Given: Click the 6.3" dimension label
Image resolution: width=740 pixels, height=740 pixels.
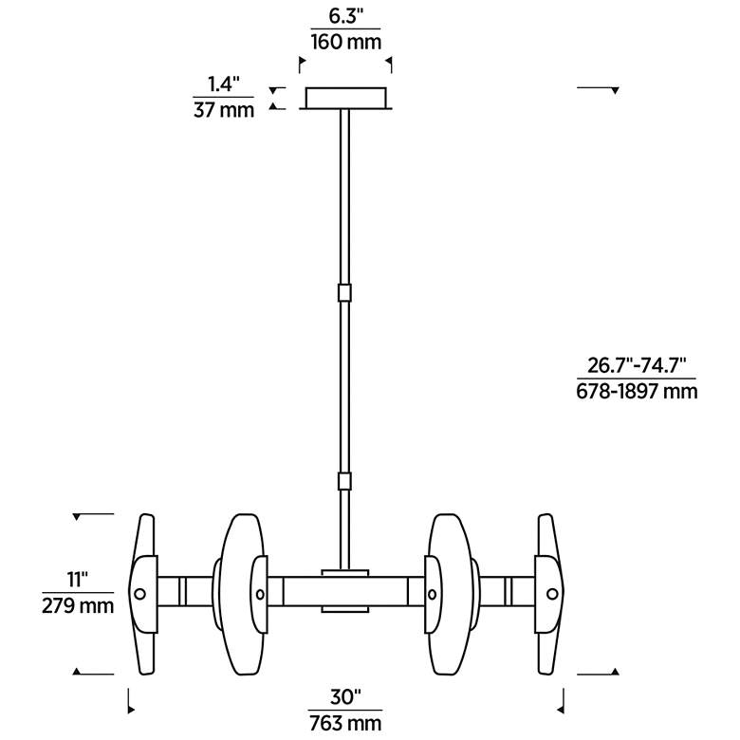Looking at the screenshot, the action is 346,16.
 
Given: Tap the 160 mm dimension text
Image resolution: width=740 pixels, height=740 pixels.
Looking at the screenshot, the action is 346,42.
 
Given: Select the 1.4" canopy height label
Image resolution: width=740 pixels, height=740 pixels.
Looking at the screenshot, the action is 224,85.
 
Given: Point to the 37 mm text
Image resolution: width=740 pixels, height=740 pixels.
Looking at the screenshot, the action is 224,110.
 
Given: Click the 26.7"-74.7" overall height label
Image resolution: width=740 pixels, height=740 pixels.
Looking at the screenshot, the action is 637,365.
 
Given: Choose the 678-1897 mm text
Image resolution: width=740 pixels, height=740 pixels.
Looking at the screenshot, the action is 637,391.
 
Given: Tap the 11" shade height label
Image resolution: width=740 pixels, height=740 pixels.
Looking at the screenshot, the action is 78,580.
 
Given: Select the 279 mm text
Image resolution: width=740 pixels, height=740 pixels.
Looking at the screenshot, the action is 78,605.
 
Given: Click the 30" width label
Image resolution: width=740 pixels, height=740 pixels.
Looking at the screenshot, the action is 345,697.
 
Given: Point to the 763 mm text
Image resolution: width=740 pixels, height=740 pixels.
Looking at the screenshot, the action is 345,723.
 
